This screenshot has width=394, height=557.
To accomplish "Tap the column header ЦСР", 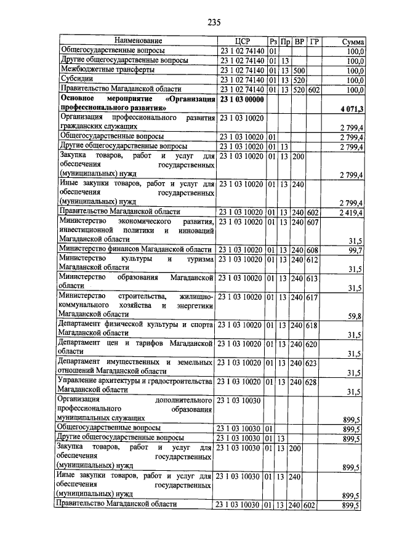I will pos(242,41).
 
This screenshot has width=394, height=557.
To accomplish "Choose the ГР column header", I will pos(315,41).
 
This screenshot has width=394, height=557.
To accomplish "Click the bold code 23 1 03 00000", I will pos(242,99).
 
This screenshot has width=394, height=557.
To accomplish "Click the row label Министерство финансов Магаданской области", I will pos(134,249).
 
